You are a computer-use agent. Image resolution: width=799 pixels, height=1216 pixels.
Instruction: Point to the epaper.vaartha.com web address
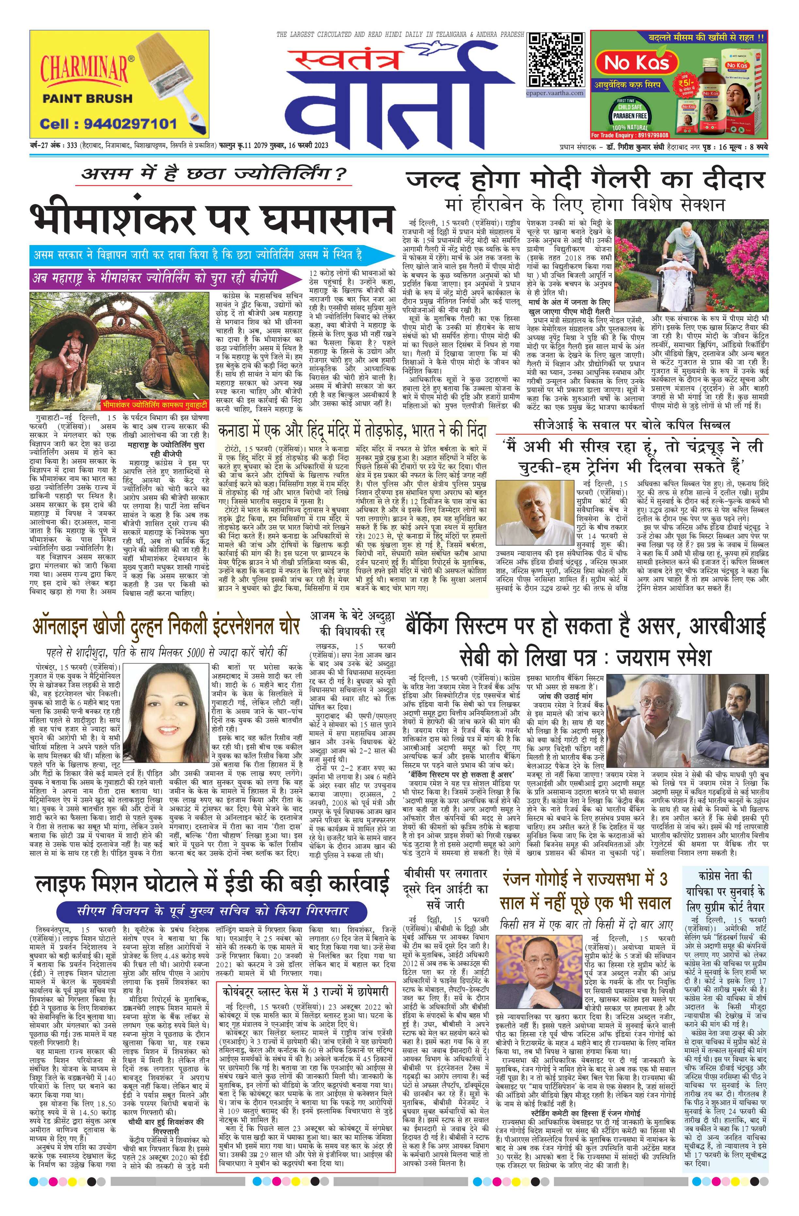click(x=555, y=93)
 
